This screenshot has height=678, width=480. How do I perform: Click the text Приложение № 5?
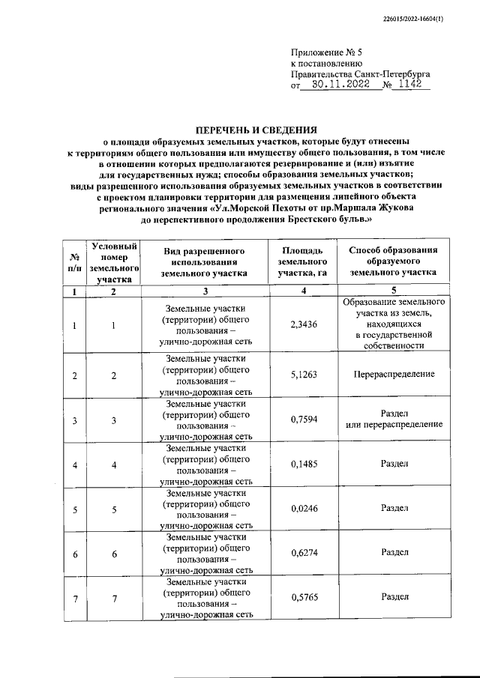(x=326, y=52)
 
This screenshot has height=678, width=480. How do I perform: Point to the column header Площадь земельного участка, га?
(x=303, y=261)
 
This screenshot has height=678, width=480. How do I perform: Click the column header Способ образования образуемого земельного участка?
(x=394, y=261)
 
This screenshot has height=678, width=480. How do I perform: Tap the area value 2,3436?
(x=303, y=325)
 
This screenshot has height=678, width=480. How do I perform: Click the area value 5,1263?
(x=303, y=374)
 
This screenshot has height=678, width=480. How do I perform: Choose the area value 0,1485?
(x=303, y=464)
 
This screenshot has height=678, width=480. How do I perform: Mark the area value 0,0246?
(x=303, y=509)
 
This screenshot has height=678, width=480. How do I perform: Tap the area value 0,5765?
(x=303, y=597)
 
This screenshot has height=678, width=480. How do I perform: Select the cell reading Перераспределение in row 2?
(x=394, y=374)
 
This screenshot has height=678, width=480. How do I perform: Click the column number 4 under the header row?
(x=303, y=291)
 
